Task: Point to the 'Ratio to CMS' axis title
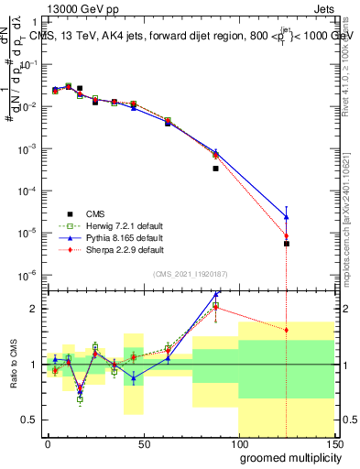[x=14, y=365]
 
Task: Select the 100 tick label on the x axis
[x=238, y=442]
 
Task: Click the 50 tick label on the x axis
[x=143, y=442]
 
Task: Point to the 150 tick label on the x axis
[x=333, y=442]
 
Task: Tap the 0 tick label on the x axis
[x=48, y=442]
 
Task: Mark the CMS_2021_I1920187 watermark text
[x=191, y=274]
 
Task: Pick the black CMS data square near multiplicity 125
[x=287, y=244]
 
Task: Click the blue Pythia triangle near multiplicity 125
[x=287, y=216]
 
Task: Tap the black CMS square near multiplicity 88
[x=216, y=169]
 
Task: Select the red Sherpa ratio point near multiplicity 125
[x=287, y=330]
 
